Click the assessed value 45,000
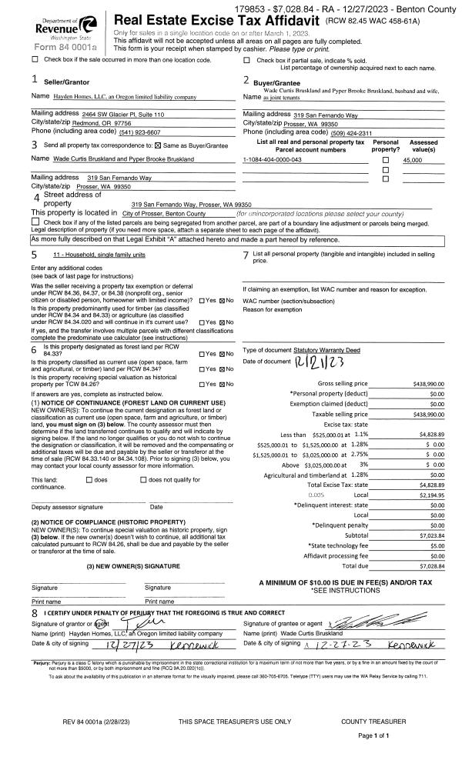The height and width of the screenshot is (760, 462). click(x=413, y=159)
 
